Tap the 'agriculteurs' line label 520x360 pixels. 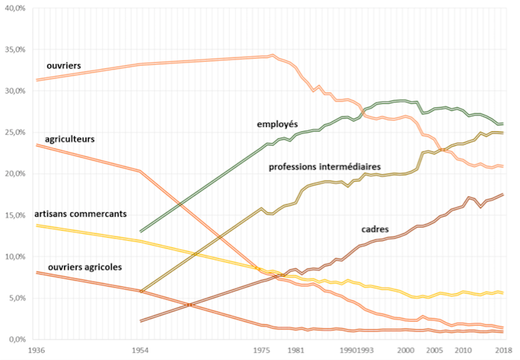70,138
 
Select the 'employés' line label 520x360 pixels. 277,124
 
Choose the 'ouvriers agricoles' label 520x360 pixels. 85,267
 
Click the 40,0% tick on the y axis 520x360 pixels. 14,8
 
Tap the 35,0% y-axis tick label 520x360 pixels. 14,49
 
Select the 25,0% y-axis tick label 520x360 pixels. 14,132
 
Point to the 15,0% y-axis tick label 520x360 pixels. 14,215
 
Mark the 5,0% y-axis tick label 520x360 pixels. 16,298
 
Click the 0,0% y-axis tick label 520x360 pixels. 16,339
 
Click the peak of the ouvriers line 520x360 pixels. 273,55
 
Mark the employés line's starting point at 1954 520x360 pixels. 140,232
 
